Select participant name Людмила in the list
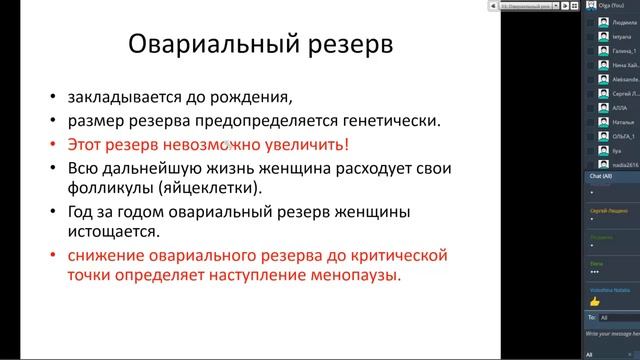[x=625, y=21]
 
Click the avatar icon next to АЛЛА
[x=604, y=107]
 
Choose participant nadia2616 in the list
[x=626, y=163]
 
